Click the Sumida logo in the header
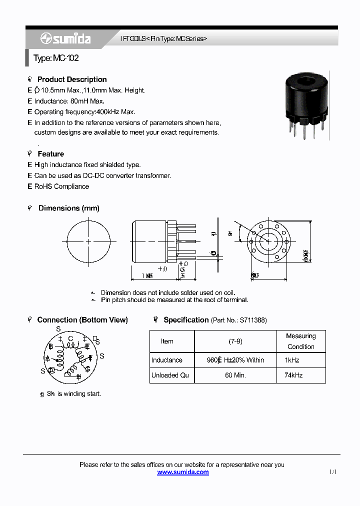[65, 39]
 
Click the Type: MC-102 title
[56, 58]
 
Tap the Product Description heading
[72, 79]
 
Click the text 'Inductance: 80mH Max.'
[69, 101]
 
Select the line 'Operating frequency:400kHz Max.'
[84, 112]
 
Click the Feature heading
[50, 154]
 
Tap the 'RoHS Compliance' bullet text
[61, 186]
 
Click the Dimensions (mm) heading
[68, 208]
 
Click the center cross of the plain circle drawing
[88, 241]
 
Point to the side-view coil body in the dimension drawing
[149, 241]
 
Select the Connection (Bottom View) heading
[82, 320]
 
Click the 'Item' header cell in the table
[167, 341]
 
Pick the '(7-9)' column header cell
[235, 341]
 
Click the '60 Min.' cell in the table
[235, 375]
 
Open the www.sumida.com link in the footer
[183, 472]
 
